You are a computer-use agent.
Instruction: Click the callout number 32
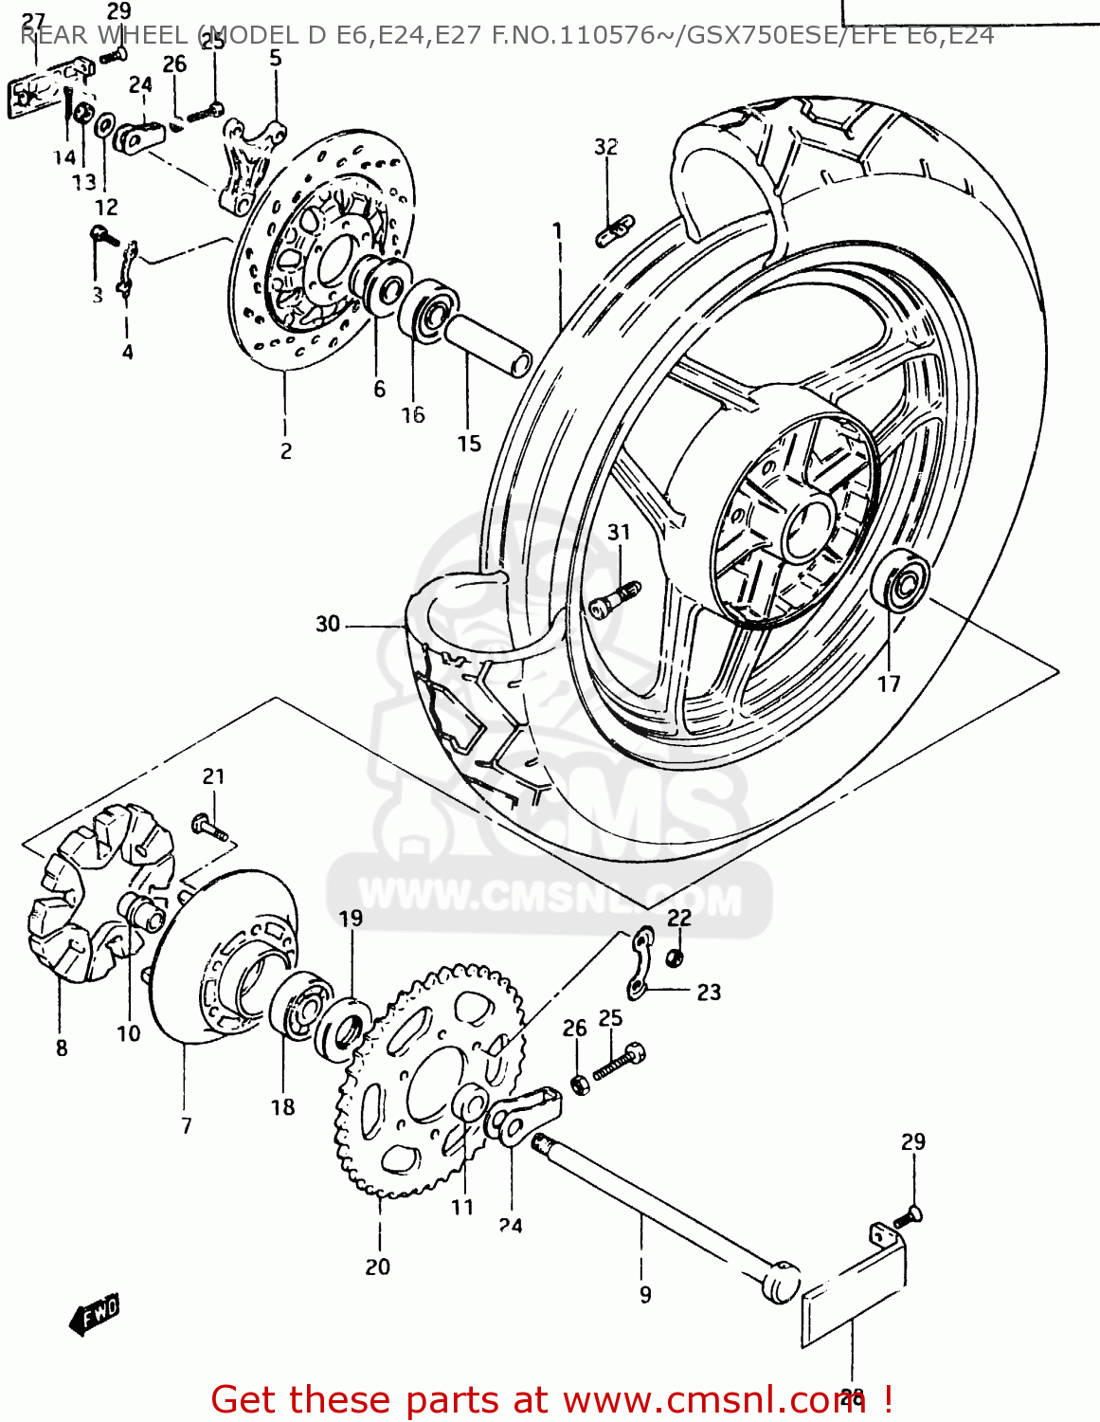[606, 147]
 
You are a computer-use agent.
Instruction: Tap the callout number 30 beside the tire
[328, 624]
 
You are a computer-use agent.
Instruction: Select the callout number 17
[888, 684]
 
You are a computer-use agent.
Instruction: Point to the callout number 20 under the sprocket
[377, 1267]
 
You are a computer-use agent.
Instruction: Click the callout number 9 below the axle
[645, 1295]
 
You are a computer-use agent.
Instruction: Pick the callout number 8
[62, 1048]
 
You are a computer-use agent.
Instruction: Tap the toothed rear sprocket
[431, 1081]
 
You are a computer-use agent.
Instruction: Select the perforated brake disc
[322, 246]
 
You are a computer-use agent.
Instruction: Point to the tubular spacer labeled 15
[488, 347]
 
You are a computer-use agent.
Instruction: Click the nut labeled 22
[675, 957]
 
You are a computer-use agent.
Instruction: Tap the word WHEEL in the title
[145, 36]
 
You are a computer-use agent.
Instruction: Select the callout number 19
[351, 918]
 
